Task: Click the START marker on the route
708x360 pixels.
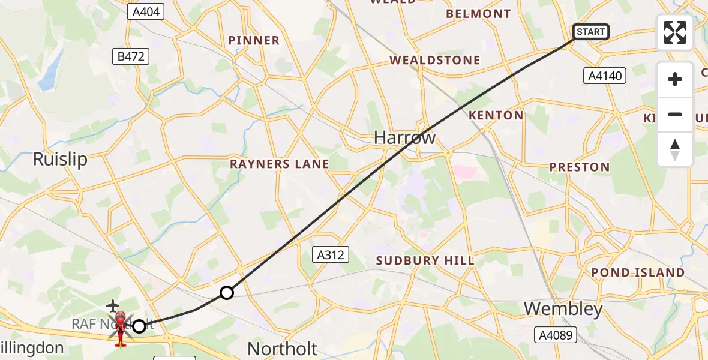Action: tap(591, 31)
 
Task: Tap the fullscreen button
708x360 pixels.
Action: tap(675, 32)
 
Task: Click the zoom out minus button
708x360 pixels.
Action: tap(675, 114)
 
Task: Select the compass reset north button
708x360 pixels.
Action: tap(675, 149)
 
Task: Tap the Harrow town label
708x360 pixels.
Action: tap(404, 137)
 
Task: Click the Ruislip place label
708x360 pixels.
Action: tap(60, 159)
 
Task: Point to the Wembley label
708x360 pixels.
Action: tap(563, 309)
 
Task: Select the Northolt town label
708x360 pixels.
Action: tap(282, 349)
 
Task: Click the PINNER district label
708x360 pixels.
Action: tap(254, 40)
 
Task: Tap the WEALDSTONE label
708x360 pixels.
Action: tap(435, 60)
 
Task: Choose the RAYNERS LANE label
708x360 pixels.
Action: tap(280, 164)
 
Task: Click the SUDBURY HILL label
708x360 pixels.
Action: tap(425, 260)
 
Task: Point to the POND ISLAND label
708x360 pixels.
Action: tap(638, 272)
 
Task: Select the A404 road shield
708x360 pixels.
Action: tap(146, 11)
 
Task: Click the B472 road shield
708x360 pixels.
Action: tap(131, 57)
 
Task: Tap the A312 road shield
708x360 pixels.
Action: tap(331, 255)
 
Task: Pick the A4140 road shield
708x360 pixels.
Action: tap(605, 75)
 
